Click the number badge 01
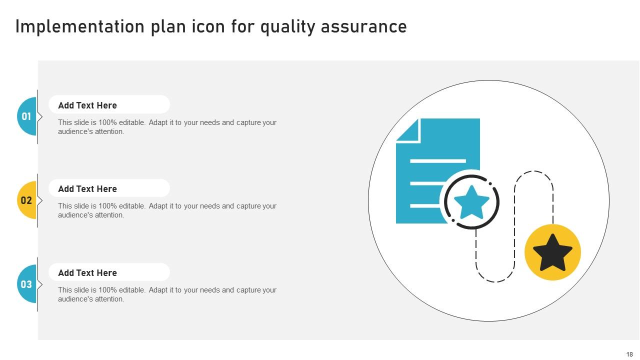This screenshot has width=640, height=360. pyautogui.click(x=26, y=116)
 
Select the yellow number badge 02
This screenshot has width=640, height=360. pyautogui.click(x=26, y=200)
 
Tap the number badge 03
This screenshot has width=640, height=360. pyautogui.click(x=26, y=284)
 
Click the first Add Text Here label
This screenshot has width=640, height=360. pyautogui.click(x=87, y=105)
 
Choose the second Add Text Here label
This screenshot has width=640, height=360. pyautogui.click(x=87, y=189)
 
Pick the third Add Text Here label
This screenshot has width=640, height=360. pyautogui.click(x=87, y=273)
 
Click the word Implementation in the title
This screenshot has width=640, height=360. pyautogui.click(x=80, y=26)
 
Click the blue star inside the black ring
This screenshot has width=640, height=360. pyautogui.click(x=471, y=202)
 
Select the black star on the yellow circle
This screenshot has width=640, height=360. pyautogui.click(x=552, y=252)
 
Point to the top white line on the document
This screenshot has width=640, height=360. pyautogui.click(x=438, y=161)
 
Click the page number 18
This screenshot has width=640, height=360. pyautogui.click(x=629, y=354)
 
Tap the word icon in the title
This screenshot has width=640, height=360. pyautogui.click(x=207, y=26)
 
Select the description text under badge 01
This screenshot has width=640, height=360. pyautogui.click(x=167, y=127)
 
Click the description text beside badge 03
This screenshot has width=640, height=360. pyautogui.click(x=167, y=294)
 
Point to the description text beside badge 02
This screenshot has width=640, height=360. pyautogui.click(x=167, y=210)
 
